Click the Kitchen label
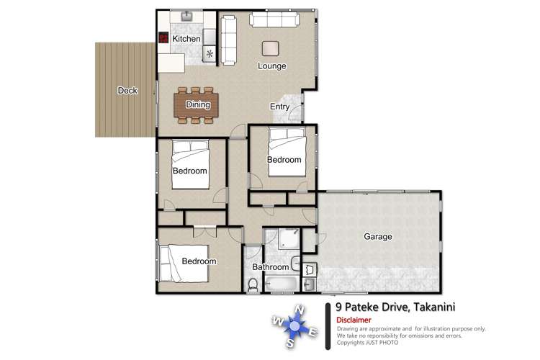(x=186, y=38)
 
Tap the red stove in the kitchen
(x=163, y=38)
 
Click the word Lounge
(x=272, y=66)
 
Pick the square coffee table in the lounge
(x=271, y=48)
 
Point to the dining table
(x=196, y=105)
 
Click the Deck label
(x=127, y=91)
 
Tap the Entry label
(x=279, y=107)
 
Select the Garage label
(x=377, y=236)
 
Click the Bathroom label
(x=270, y=267)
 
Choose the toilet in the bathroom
(x=252, y=286)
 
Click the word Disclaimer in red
(x=354, y=320)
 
